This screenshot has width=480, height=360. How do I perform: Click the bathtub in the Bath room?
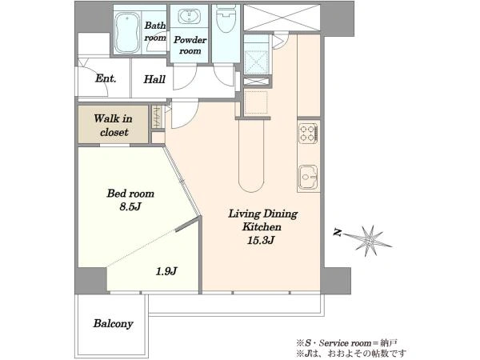[x=128, y=33]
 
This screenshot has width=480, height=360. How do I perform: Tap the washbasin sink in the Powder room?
[x=190, y=16]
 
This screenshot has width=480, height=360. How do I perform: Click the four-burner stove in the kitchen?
[x=309, y=133]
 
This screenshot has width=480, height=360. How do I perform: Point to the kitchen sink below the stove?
[x=308, y=177]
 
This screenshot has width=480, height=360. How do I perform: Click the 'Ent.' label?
[x=106, y=78]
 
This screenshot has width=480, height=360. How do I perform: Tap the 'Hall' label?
[x=154, y=79]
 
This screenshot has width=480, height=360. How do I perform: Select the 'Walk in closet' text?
[x=114, y=126]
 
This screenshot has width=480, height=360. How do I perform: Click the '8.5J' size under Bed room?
[x=130, y=207]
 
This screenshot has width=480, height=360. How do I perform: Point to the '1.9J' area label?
[x=166, y=271]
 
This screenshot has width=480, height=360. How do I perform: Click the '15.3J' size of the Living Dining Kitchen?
[x=261, y=240]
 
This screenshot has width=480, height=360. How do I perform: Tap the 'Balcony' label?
[x=114, y=323]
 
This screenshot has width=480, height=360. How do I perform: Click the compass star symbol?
[x=370, y=241]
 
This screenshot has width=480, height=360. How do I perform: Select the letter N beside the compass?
[x=338, y=233]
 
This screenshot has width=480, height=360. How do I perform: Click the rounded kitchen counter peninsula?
[x=251, y=155]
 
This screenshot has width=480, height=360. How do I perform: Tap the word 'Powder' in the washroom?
[x=190, y=40]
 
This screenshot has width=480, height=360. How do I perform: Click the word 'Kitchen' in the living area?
[x=262, y=227]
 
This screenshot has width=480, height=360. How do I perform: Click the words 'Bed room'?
[x=130, y=194]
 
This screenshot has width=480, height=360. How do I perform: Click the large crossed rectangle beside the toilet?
[x=282, y=18]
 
